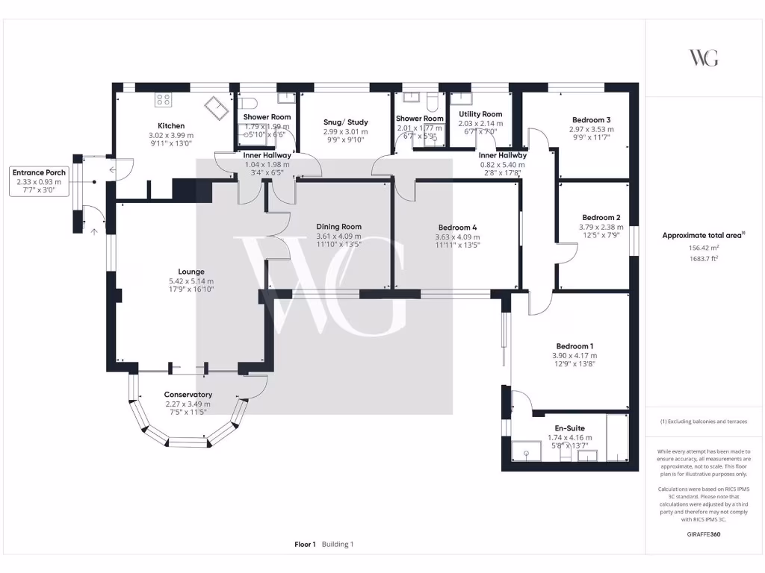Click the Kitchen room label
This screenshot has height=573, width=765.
171,126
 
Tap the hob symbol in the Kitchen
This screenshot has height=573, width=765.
163,100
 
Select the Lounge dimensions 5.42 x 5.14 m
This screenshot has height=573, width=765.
191,281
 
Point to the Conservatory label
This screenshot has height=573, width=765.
188,395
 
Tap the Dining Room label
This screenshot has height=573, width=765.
338,227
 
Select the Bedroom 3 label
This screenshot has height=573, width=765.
592,120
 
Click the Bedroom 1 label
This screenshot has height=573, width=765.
574,346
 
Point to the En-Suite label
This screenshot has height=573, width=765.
569,428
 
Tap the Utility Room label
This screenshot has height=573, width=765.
480,114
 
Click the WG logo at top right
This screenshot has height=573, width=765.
704,57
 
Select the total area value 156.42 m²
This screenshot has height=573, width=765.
704,248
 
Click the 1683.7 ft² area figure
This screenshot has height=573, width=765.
704,259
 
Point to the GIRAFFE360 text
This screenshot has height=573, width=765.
704,534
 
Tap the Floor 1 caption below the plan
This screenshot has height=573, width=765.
305,545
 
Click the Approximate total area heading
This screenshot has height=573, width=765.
702,236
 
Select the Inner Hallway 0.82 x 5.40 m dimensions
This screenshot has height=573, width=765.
503,164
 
